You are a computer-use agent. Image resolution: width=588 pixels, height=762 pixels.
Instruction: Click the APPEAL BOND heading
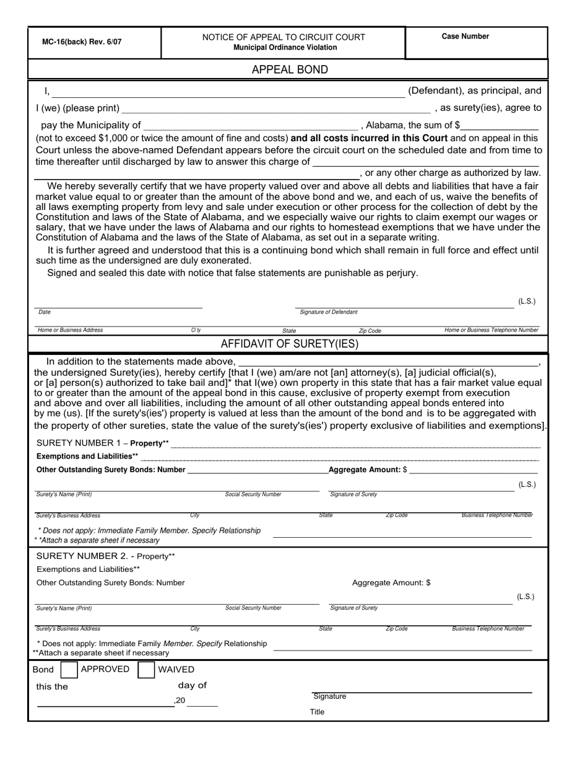290,69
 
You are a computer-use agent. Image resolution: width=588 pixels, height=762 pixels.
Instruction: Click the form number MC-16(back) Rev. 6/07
82,42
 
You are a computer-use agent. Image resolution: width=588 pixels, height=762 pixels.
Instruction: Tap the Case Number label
465,37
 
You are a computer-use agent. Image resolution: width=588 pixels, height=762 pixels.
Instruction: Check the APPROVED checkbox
70,670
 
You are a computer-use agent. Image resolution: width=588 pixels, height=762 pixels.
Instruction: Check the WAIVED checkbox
146,670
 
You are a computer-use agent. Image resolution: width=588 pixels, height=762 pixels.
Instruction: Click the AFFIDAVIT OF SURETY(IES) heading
290,344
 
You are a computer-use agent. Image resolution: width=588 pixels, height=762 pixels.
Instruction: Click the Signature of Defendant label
328,312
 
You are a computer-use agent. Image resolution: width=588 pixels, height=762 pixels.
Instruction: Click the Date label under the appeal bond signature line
45,312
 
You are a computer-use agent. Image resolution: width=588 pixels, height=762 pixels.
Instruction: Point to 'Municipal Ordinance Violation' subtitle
285,48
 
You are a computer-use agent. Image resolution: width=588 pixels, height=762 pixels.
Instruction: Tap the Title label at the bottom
317,712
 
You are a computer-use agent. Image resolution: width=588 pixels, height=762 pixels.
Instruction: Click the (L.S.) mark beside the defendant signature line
527,301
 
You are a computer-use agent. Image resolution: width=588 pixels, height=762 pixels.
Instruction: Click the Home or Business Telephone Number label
491,330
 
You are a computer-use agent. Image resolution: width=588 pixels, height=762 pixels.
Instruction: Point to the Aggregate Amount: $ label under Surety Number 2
391,582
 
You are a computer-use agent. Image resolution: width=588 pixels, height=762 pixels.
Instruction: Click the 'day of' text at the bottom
192,685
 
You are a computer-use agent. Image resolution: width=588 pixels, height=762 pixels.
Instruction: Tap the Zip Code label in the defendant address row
370,331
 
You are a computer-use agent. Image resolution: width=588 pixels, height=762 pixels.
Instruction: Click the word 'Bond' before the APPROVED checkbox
43,670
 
